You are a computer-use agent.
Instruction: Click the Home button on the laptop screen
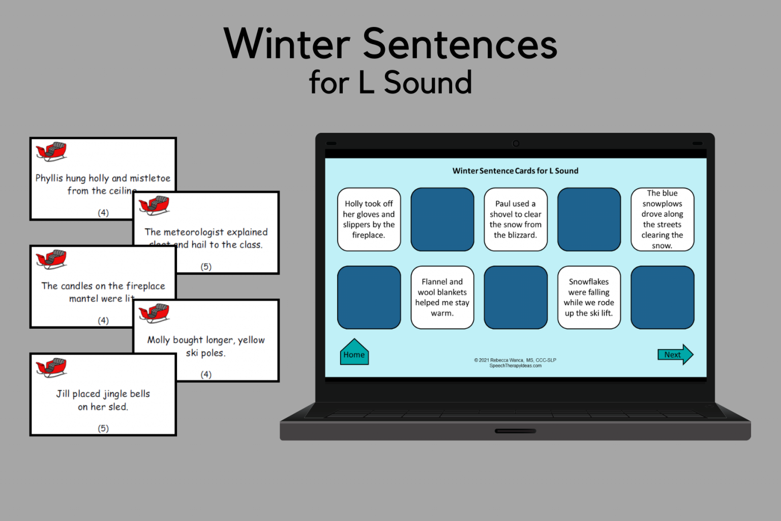[354, 354]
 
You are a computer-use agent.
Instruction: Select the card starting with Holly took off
[369, 219]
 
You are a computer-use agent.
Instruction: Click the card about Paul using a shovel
[515, 219]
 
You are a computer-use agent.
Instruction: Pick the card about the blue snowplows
[662, 219]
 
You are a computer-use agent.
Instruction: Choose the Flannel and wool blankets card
[442, 297]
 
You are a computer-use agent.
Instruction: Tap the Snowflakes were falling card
[588, 297]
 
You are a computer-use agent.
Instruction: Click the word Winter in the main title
[287, 44]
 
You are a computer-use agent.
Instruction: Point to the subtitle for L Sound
[390, 82]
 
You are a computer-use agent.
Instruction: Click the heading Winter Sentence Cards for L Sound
[515, 171]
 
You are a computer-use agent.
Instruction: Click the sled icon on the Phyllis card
[51, 151]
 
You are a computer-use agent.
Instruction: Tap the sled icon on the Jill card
[51, 367]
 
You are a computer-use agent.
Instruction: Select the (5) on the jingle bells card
[103, 428]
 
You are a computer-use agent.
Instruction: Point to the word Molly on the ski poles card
[158, 340]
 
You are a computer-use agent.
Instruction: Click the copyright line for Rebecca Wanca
[515, 360]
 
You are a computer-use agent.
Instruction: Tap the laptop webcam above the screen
[516, 143]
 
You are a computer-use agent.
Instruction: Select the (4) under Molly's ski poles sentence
[206, 374]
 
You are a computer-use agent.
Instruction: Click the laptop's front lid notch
[515, 431]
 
